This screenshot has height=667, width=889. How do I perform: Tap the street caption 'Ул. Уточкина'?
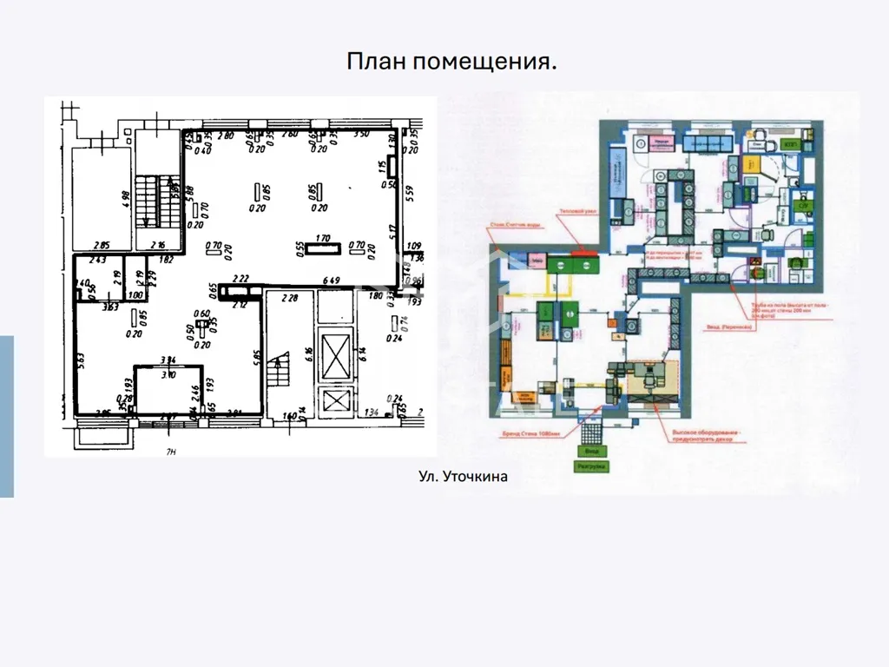463,476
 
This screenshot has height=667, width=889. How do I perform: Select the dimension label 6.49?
330,280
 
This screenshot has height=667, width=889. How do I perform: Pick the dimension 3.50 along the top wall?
360,135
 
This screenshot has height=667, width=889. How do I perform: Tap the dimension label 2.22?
241,279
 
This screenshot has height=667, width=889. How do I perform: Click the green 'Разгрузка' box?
590,466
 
